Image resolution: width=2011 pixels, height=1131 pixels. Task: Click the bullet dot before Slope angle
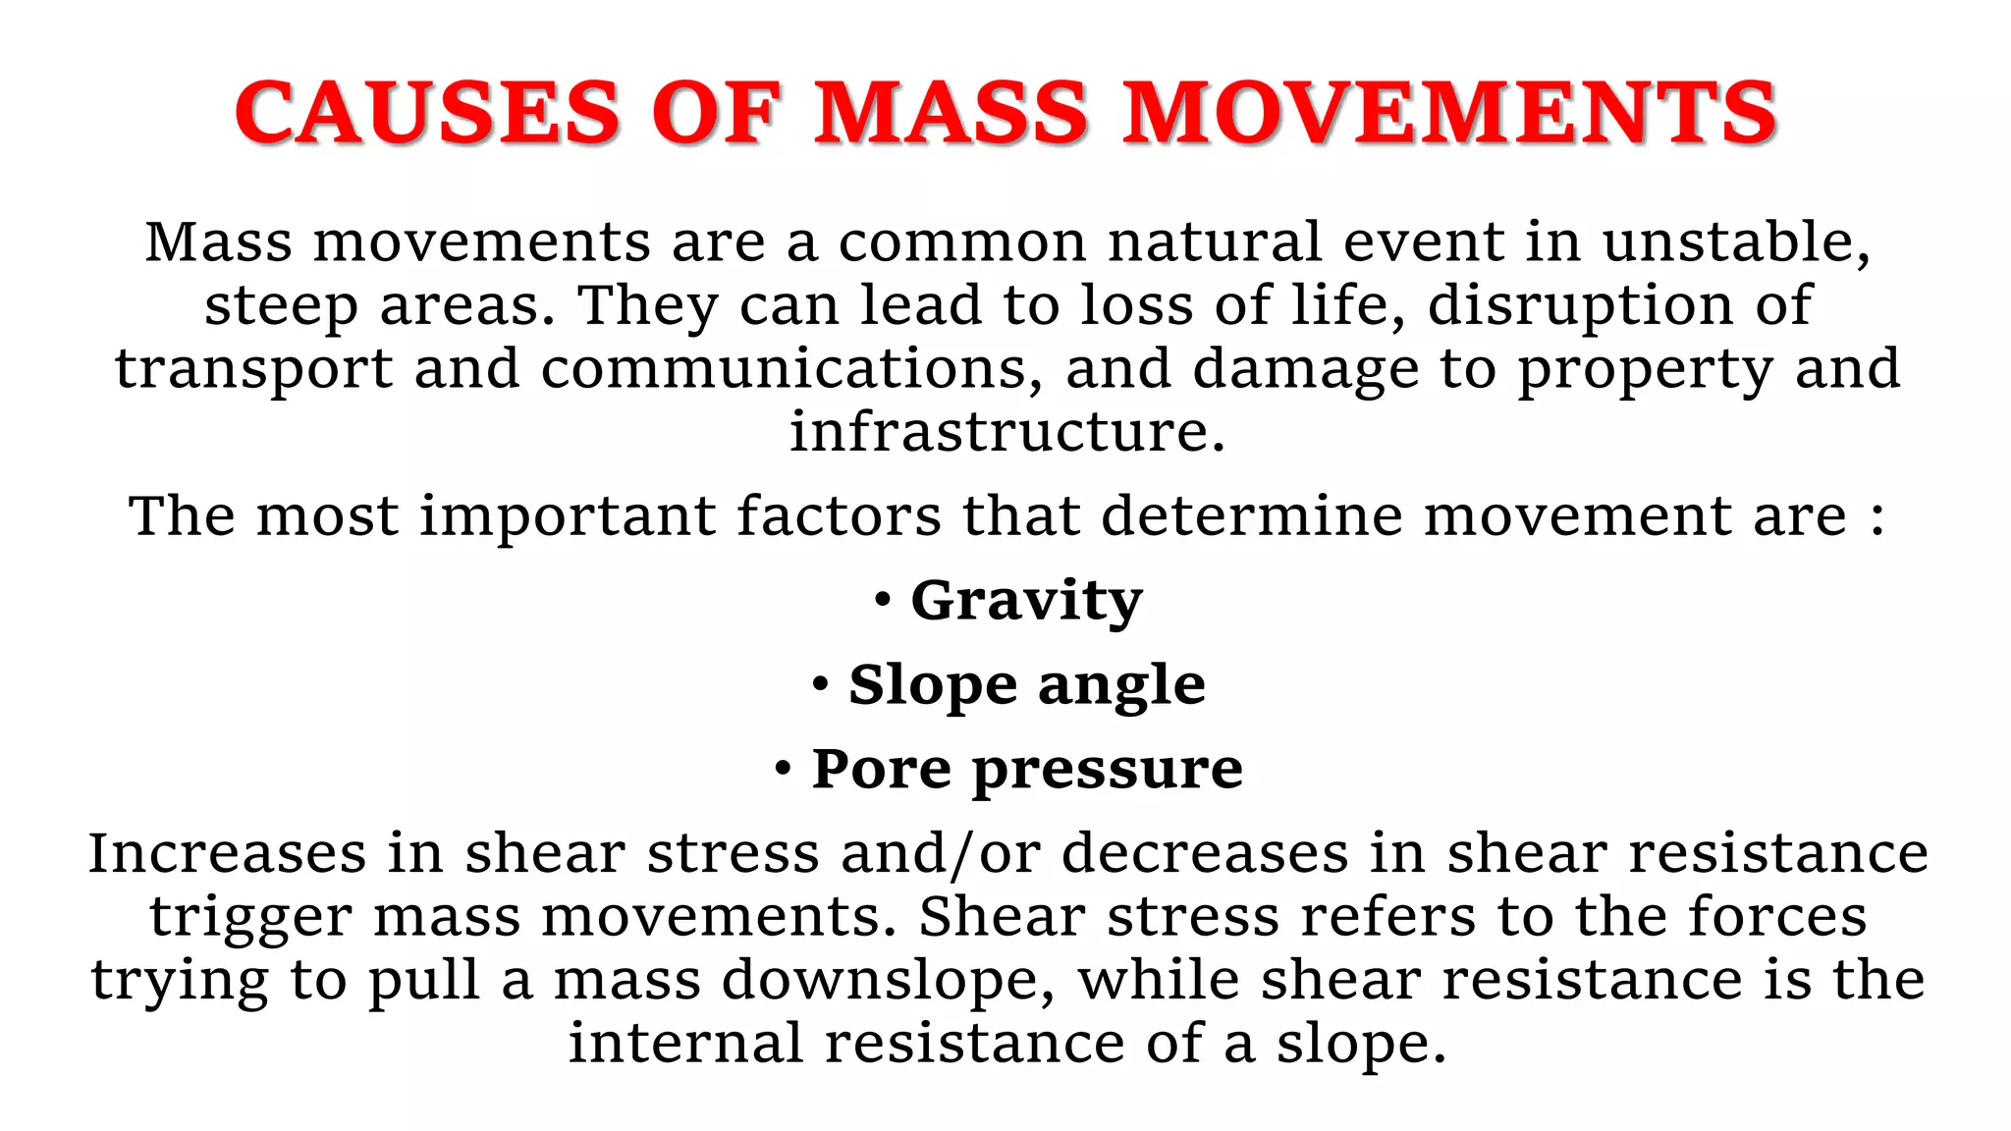821,682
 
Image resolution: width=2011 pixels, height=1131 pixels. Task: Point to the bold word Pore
881,768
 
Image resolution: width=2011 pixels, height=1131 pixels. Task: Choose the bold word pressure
1108,770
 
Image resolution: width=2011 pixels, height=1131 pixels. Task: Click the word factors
839,515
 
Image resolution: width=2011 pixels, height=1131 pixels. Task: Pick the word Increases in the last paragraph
227,852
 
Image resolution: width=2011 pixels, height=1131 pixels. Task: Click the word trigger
250,918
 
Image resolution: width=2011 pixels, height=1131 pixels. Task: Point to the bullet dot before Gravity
883,598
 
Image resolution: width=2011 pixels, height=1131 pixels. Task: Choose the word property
1646,370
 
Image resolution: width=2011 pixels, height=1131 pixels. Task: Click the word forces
1777,916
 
